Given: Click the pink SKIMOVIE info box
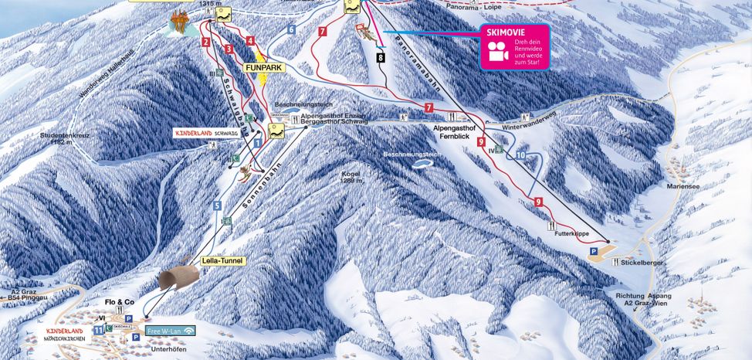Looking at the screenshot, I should (515, 46).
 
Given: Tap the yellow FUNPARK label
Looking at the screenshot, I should (263, 68).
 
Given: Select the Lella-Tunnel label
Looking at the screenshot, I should (222, 261).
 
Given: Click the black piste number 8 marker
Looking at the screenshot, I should (381, 57).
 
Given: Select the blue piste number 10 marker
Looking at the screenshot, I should (520, 155).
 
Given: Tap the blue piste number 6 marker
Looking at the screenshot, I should (291, 29).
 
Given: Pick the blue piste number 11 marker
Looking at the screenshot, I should (98, 330).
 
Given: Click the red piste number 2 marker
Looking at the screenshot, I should (206, 42).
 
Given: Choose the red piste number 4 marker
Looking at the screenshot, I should (250, 41).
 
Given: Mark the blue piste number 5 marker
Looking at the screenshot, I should (218, 205).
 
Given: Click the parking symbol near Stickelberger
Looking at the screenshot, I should (593, 251).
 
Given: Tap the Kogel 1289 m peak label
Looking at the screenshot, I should (351, 177).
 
